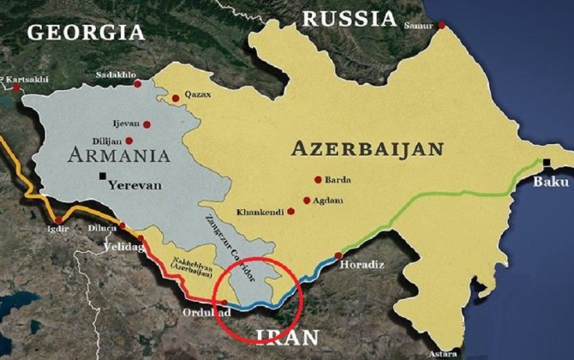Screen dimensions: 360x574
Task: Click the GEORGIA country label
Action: click(86, 33)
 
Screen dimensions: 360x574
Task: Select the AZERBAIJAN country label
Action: click(368, 148)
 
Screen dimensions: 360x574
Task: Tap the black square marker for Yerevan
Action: click(103, 177)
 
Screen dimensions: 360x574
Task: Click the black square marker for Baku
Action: click(546, 162)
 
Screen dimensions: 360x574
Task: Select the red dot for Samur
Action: click(442, 25)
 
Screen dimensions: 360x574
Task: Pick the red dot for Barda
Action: click(318, 180)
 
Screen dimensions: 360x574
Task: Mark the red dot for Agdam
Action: click(306, 201)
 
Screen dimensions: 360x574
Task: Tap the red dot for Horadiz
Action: click(338, 255)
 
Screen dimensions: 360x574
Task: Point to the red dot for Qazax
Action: click(176, 98)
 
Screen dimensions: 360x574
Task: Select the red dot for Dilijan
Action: click(129, 141)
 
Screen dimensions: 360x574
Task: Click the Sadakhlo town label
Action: click(118, 75)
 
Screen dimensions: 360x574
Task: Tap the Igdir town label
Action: click(57, 229)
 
